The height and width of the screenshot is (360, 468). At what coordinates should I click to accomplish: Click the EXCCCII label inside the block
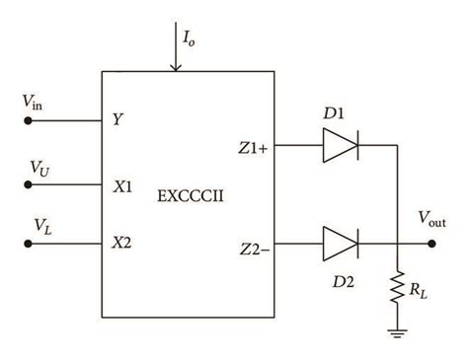coord(192,196)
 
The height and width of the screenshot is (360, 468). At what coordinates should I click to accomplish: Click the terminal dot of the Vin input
coord(29,122)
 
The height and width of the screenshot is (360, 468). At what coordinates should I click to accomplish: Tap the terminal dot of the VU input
coord(29,184)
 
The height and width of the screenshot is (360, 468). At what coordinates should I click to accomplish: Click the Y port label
coord(117,122)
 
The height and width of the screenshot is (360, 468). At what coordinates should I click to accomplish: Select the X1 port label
coord(122,184)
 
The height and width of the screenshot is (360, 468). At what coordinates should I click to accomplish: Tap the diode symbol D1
coord(340,145)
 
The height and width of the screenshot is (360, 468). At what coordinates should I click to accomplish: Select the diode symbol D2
coord(340,239)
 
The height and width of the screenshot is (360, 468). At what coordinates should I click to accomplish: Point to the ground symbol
coord(397,333)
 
